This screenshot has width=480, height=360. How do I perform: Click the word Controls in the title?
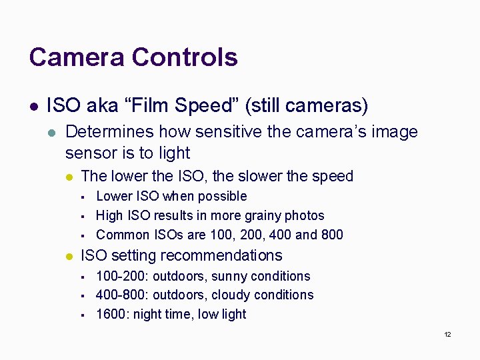tap(185, 57)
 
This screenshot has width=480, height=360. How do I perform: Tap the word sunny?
tap(229, 276)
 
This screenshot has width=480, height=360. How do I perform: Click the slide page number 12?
tap(447, 334)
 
